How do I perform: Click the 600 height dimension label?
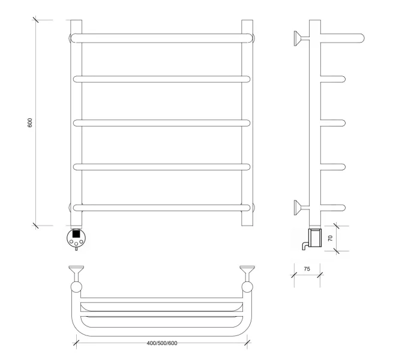point(30,122)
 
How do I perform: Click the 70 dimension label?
point(331,238)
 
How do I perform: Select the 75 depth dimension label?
point(307,269)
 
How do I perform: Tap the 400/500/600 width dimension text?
point(162,343)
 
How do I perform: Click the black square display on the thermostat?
point(76,234)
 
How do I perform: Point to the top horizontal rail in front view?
point(162,38)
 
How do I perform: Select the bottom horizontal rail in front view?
point(162,208)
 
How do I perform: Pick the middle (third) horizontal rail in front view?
point(162,123)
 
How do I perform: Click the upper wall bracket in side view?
point(301,38)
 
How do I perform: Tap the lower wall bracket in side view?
point(301,208)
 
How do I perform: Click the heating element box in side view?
point(315,237)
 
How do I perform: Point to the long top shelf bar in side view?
point(343,38)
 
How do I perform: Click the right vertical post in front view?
point(247,123)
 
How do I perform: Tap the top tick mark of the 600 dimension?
point(35,20)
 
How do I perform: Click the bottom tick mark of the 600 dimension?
point(35,226)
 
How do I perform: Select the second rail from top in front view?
point(162,79)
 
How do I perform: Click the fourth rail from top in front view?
point(162,167)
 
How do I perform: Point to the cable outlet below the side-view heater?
point(305,246)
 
